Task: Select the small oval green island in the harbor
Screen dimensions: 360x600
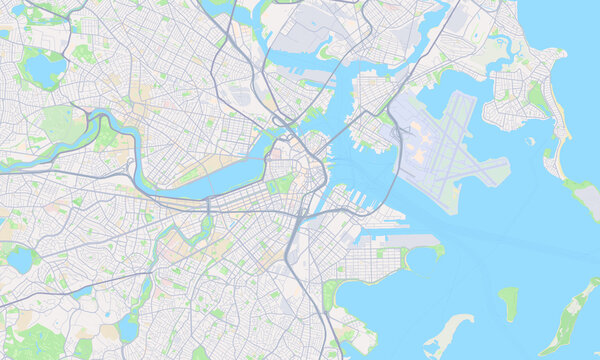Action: coord(509,302)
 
